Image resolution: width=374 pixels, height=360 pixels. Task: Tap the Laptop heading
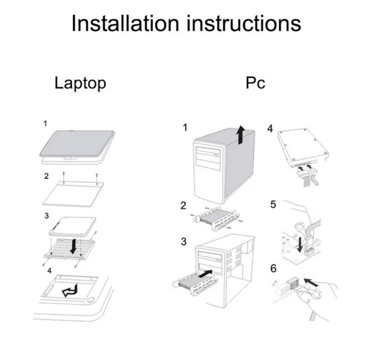80,83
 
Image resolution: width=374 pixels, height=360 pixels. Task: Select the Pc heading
255,83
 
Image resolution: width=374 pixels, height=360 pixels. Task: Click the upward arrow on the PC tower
240,136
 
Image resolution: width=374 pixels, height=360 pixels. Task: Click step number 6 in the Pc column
273,269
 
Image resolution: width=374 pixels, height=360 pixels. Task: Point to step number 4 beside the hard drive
270,129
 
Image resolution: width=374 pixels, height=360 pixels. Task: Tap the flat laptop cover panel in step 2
71,194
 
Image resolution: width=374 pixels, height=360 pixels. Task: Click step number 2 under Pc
183,206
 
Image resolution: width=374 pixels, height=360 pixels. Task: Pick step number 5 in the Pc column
273,205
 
